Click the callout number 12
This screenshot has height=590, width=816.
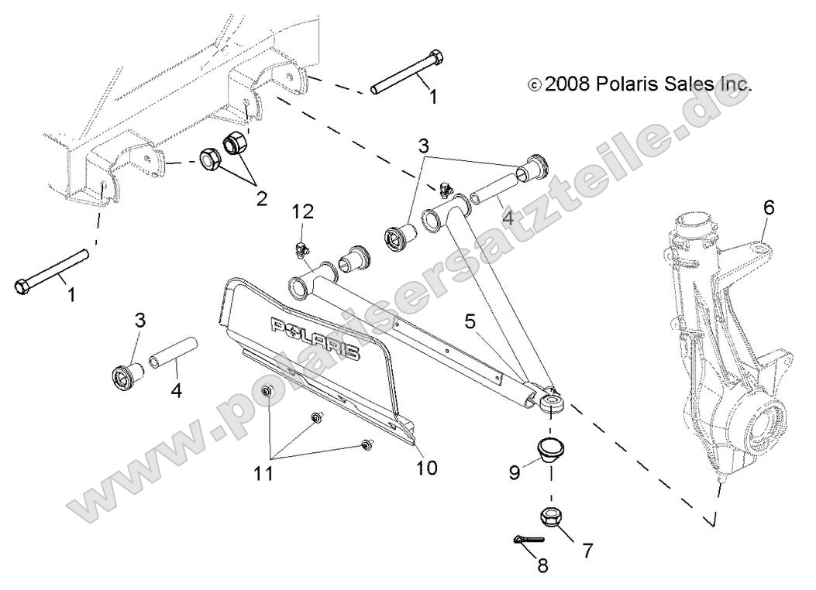[304, 211]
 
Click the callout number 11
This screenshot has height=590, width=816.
[265, 472]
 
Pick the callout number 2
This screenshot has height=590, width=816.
[261, 199]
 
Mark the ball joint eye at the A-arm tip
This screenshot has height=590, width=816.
[551, 401]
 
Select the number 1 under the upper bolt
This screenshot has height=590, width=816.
[432, 98]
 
